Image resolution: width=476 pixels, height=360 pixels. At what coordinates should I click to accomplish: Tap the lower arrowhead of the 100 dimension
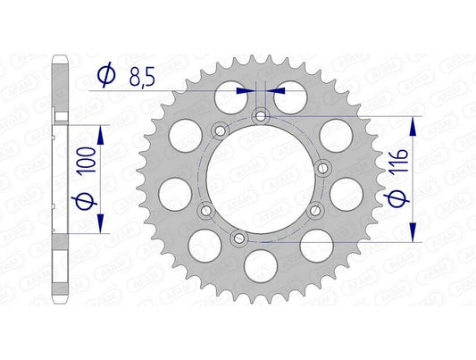point(100,227)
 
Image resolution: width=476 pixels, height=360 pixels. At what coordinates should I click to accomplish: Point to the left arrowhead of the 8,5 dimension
point(246,89)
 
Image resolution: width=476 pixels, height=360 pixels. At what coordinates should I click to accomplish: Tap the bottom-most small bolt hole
point(237,237)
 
